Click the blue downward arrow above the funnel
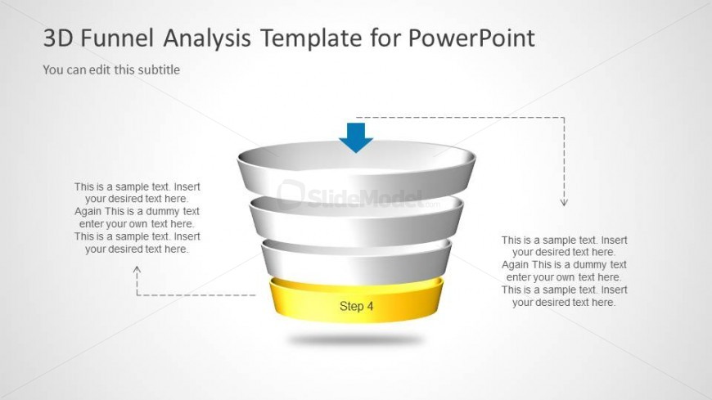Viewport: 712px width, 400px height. coord(356,137)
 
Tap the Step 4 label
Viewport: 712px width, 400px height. coord(357,306)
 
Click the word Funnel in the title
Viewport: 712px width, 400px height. coord(118,38)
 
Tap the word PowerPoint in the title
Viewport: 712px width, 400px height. coord(471,38)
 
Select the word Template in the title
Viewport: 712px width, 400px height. coord(311,38)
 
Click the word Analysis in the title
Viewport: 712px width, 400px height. coord(206,38)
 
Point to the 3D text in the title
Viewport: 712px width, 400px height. coord(57,38)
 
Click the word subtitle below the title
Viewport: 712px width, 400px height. coord(159,70)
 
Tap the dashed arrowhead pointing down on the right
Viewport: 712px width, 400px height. coord(564,202)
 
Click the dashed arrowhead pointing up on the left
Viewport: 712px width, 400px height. coord(137,270)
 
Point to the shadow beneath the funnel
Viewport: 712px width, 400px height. coord(355,339)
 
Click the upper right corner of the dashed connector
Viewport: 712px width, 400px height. coord(565,118)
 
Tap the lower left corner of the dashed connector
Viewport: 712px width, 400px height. coord(137,295)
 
